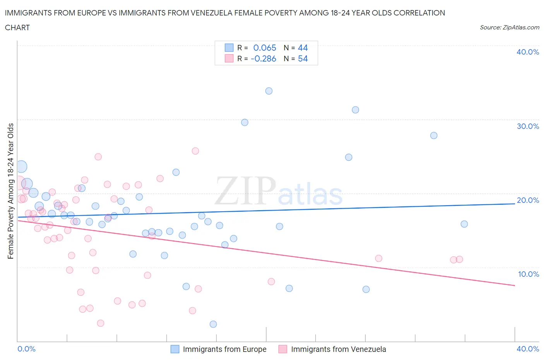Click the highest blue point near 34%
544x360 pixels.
point(269,91)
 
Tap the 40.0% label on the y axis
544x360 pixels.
point(528,52)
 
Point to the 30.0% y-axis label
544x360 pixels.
point(528,126)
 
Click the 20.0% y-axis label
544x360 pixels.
point(528,200)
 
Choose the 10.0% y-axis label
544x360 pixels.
point(528,274)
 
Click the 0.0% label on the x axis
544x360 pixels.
point(26,349)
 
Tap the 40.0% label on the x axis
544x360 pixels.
point(528,349)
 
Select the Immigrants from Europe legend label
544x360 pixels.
point(224,349)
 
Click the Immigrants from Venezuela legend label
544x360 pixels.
point(338,349)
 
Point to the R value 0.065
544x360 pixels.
point(265,48)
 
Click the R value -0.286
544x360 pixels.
point(263,59)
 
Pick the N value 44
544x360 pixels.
point(303,48)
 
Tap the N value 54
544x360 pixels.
point(303,59)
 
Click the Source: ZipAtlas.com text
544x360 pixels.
point(509,27)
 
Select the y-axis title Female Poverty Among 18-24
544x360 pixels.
point(11,191)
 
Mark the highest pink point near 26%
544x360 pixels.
point(195,151)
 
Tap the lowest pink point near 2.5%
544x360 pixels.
point(101,323)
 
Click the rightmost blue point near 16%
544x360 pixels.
point(464,224)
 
